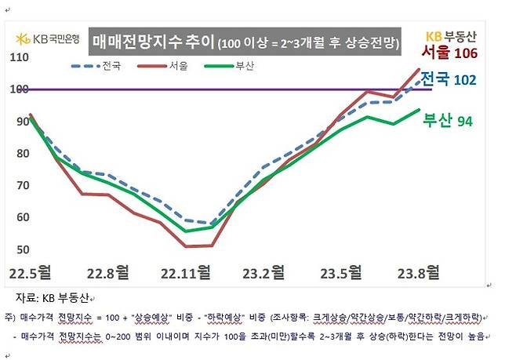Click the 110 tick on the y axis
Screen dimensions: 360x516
[x=19, y=57]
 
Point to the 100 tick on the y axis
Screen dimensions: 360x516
[x=19, y=89]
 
